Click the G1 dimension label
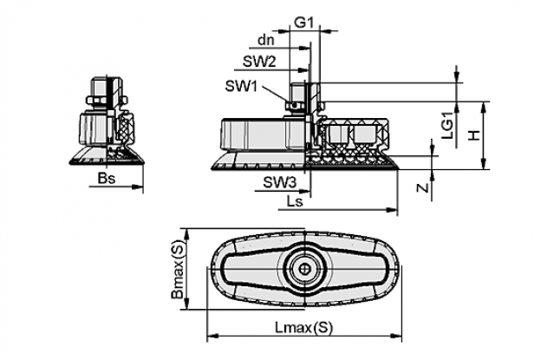(303, 23)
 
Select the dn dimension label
(266, 41)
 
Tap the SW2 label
(259, 62)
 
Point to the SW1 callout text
(241, 86)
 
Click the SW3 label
(280, 182)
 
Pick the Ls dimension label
(295, 201)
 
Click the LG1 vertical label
(447, 129)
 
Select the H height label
(474, 134)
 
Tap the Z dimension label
(423, 187)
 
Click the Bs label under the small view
(107, 179)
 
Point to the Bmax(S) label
(179, 269)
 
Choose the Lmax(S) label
(304, 328)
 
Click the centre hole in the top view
(304, 269)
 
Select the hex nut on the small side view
(97, 100)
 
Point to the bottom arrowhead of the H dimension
(484, 164)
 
